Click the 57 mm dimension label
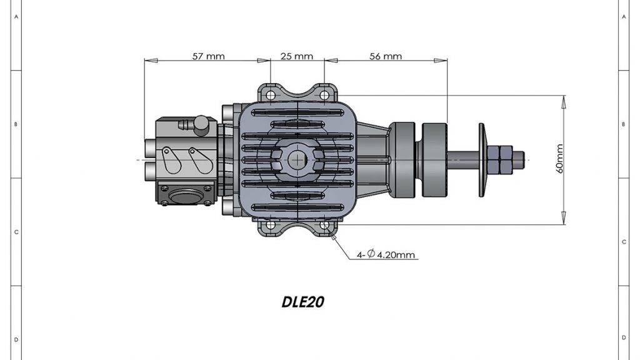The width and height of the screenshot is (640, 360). point(208,56)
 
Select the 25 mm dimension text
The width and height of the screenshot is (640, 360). point(296,56)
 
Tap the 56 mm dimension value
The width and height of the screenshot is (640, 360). point(385,56)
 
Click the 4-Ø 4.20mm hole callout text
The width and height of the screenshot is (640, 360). point(387,255)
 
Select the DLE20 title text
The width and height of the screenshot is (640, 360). point(302,302)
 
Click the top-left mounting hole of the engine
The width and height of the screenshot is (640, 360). point(270,96)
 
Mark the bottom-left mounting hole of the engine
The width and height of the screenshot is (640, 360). point(270,225)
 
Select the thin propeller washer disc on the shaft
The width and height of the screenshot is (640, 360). point(481,159)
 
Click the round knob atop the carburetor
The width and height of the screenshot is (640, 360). point(201,124)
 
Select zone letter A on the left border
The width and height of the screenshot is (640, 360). point(16,17)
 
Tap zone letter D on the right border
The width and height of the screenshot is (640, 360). point(624,338)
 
